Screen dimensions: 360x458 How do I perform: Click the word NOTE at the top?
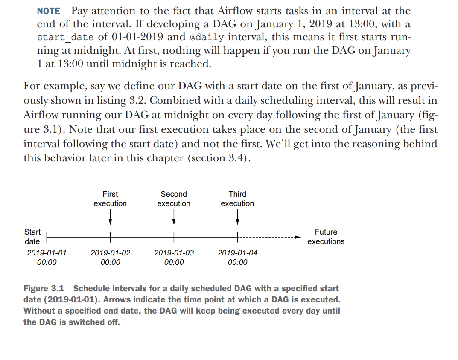coord(48,11)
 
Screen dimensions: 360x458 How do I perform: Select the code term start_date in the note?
coord(65,37)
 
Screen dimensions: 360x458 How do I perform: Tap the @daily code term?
coord(207,37)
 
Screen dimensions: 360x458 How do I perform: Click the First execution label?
coord(110,199)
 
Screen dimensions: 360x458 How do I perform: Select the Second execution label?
coord(174,199)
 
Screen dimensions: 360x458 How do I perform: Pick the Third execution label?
coord(237,199)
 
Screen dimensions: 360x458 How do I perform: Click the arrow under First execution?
coord(110,218)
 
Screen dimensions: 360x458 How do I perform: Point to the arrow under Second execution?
coord(174,218)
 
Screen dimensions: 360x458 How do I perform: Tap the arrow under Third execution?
coord(237,218)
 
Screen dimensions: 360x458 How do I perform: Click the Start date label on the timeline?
coord(32,237)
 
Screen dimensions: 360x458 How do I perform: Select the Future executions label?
coord(326,237)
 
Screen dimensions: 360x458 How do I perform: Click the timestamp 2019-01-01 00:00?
coord(47,258)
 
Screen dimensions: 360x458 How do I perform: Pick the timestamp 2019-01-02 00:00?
coord(110,258)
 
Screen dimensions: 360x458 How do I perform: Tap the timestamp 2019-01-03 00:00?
coord(174,258)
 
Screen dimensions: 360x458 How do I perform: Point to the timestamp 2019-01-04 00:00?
coord(237,258)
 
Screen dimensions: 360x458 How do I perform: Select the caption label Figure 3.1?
coord(44,289)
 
